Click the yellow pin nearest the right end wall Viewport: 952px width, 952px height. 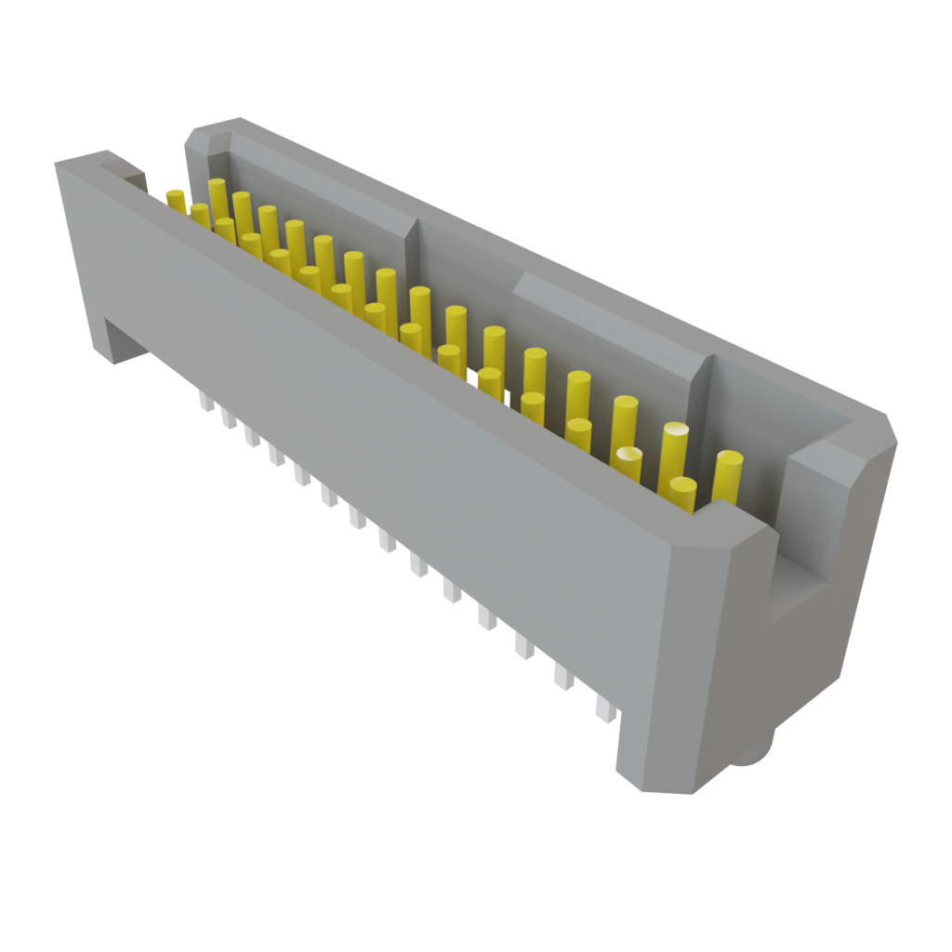coord(728,474)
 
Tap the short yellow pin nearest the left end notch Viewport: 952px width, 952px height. coord(176,198)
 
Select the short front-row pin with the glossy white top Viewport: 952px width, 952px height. coord(628,462)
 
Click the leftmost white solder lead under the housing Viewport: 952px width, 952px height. coord(204,401)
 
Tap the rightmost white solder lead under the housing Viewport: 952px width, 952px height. coord(605,710)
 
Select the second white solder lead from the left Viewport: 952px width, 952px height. coord(228,418)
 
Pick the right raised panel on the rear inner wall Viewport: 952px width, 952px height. coord(604,325)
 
